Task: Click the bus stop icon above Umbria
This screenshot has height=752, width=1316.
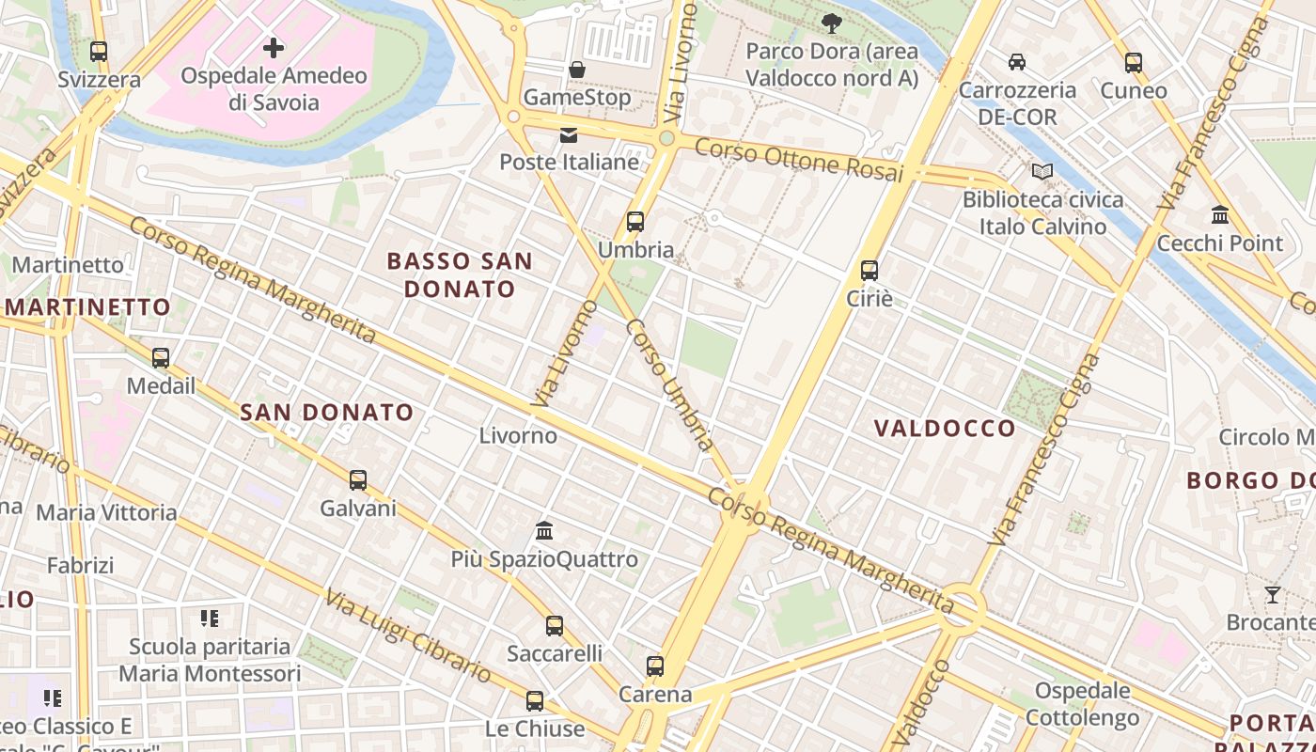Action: (x=635, y=223)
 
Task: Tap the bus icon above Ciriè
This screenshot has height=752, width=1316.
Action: (x=869, y=271)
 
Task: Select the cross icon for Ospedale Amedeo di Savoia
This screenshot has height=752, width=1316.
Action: (x=274, y=47)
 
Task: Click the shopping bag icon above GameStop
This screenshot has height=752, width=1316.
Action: (x=577, y=70)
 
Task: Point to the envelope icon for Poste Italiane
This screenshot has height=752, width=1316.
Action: (x=569, y=135)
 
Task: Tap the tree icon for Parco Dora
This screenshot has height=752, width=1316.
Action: (x=831, y=23)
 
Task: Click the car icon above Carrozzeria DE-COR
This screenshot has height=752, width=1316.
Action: (x=1017, y=62)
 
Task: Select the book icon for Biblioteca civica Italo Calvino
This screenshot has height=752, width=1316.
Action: (x=1042, y=172)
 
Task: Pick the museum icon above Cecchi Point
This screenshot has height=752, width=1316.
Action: (x=1220, y=215)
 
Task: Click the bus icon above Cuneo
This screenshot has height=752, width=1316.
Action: (x=1134, y=63)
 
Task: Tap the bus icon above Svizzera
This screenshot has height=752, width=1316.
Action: (x=99, y=52)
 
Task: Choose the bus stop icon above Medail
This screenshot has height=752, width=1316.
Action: (x=161, y=358)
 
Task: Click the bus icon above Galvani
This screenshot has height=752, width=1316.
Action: (x=358, y=480)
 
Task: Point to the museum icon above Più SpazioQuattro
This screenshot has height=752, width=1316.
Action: (x=544, y=531)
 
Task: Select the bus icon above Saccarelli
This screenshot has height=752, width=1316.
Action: (x=555, y=625)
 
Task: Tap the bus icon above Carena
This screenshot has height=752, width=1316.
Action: (x=655, y=666)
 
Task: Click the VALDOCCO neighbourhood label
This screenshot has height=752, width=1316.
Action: (x=945, y=429)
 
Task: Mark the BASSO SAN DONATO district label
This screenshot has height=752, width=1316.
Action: (x=460, y=274)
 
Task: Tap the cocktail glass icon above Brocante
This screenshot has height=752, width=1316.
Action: (x=1273, y=594)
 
